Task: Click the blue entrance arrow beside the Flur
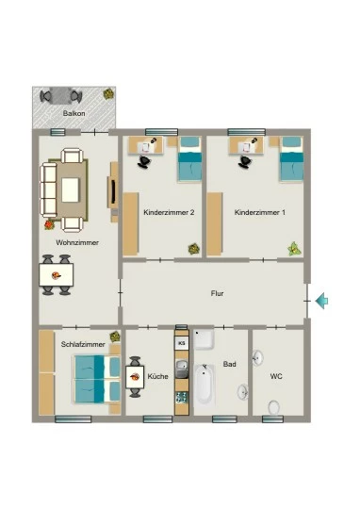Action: pos(321,301)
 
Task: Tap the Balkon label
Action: pos(74,114)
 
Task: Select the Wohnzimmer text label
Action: pos(77,242)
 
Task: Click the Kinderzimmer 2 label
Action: pos(169,212)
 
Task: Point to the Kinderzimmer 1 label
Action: pos(260,212)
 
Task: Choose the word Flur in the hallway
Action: pos(217,293)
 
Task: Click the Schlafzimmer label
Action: pos(83,344)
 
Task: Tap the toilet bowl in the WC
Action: pos(274,407)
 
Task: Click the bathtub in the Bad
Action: pos(205,385)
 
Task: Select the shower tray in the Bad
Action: pos(204,339)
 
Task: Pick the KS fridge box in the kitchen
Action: pos(182,343)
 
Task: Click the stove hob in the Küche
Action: pos(182,398)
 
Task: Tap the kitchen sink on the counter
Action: pos(182,369)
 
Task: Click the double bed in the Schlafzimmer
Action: pos(97,379)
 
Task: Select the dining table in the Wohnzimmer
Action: pos(57,275)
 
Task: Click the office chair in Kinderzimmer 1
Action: pos(245,162)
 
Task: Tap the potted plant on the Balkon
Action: pos(108,94)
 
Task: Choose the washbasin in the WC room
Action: pos(258,357)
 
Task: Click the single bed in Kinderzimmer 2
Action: pos(190,158)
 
